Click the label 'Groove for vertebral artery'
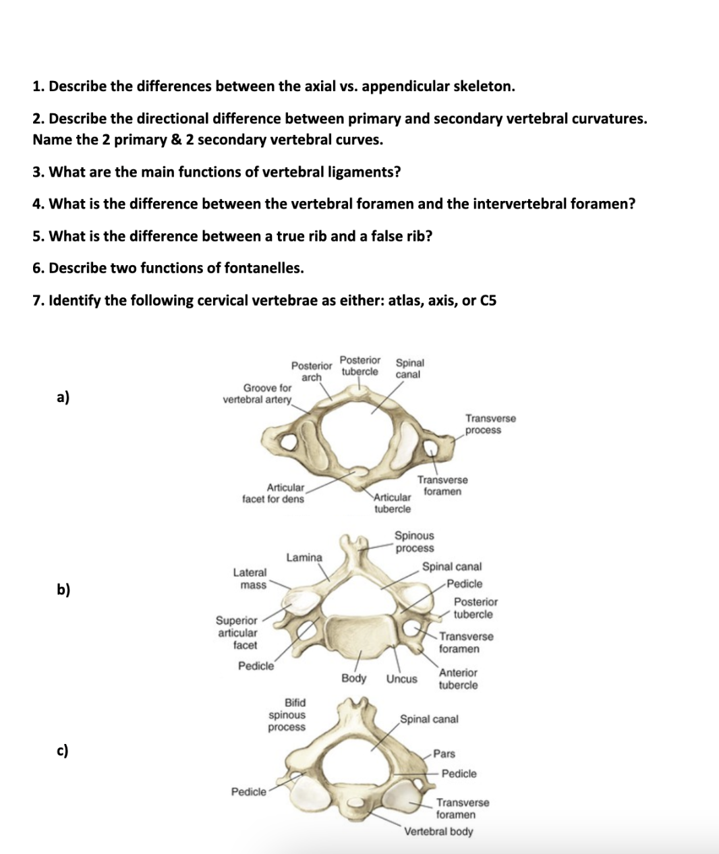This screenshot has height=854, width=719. pos(258,393)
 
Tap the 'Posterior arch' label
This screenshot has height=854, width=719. pos(312,371)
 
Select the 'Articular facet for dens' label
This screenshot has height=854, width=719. pos(273,493)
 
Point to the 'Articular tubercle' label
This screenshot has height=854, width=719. pos(393,503)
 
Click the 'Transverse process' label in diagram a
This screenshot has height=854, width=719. pos(490,424)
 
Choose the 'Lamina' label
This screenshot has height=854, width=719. pos(304,557)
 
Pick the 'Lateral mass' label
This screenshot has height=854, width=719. pos(250,579)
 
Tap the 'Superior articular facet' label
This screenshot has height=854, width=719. pos(237,633)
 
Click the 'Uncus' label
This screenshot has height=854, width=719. pos(402,679)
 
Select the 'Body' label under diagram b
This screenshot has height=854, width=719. pos(354,678)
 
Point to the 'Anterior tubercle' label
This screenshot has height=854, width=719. pos(458,679)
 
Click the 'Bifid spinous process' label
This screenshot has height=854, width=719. pos(287,715)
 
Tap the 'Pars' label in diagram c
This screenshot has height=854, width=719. pos(444,753)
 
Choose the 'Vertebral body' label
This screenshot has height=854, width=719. pos(438,831)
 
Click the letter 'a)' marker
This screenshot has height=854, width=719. pos(63,397)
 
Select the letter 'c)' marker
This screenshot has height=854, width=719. pos(63,750)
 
